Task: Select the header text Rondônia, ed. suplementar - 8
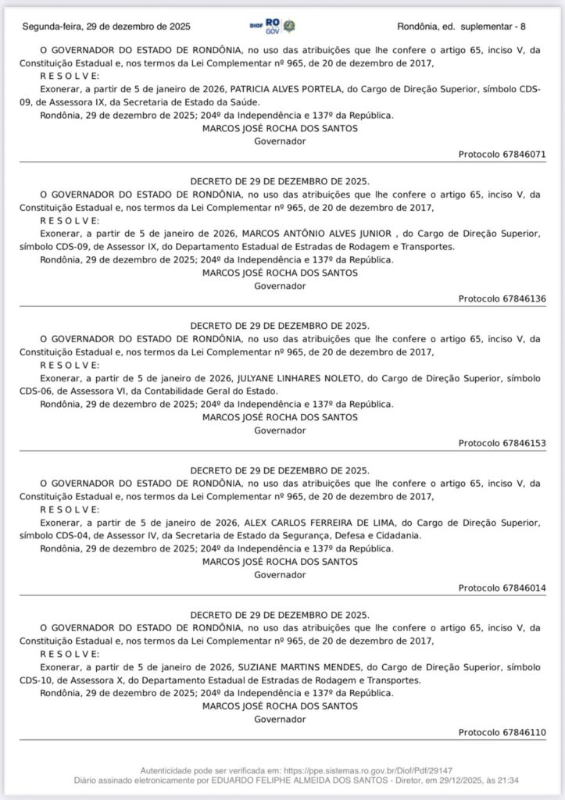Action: tap(461, 27)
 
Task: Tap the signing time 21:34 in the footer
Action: tap(509, 780)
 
